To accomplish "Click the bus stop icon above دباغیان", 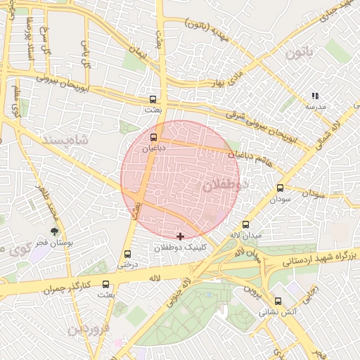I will (x=154, y=137).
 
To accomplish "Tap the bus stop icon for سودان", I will (x=280, y=188).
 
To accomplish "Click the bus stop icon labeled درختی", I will (x=127, y=254).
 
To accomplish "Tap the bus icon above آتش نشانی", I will (x=278, y=300).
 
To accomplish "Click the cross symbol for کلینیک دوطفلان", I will (x=181, y=236).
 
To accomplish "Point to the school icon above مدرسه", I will (x=315, y=95).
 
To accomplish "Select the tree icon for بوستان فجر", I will (x=54, y=232).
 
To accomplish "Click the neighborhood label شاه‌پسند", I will (x=68, y=139).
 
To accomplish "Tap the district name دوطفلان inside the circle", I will (x=226, y=186).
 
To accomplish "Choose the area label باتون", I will (x=303, y=51).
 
